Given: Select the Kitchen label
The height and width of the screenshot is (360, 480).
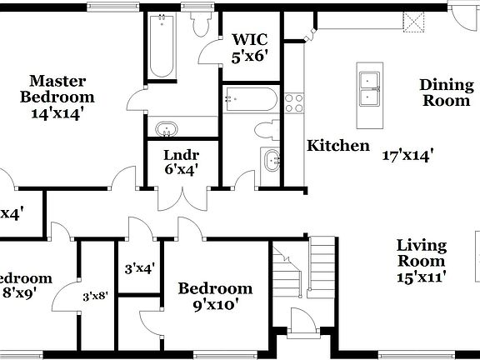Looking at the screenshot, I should tap(338, 146).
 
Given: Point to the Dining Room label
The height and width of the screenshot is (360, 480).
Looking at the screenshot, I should tap(444, 92).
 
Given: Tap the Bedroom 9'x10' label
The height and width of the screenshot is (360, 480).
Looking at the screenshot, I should tap(215, 296).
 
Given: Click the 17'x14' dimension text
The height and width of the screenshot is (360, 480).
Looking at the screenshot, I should tap(407, 154).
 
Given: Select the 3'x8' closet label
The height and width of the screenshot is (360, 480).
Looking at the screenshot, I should tap(97, 295).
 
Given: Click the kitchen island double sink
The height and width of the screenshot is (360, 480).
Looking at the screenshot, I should tap(370, 89).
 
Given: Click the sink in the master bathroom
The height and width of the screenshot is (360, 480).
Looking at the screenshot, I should tap(167, 130).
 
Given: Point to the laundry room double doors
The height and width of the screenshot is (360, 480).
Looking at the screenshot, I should tap(181, 198).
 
